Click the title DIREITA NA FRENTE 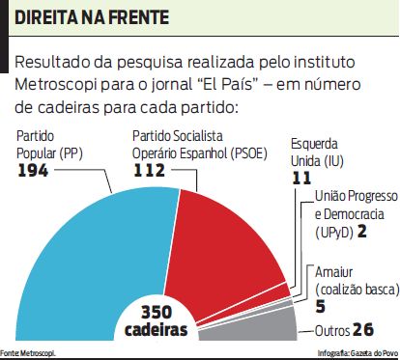point(89,18)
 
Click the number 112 point(150,171)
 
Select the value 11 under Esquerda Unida point(302,178)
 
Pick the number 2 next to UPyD point(360,233)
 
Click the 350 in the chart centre point(156,314)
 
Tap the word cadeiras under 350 point(156,331)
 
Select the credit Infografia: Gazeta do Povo point(357,354)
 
